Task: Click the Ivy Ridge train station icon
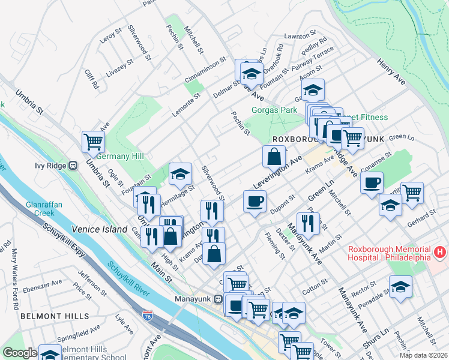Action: point(73,165)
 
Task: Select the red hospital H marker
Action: point(441,253)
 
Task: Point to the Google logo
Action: point(19,353)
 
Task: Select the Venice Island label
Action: point(100,229)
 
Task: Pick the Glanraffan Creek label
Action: point(44,209)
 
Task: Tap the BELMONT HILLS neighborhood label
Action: point(55,316)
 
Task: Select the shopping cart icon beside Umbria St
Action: point(94,142)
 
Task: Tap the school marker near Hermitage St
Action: point(180,174)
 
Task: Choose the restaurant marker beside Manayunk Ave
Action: point(308,223)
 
